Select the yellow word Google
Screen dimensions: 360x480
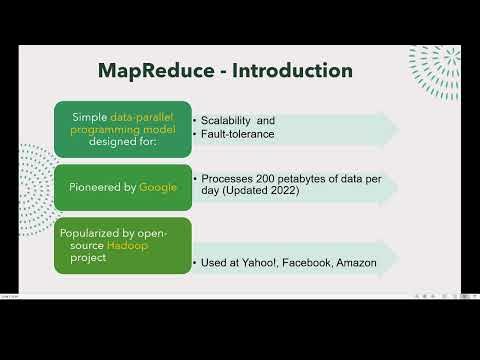click(x=157, y=187)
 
